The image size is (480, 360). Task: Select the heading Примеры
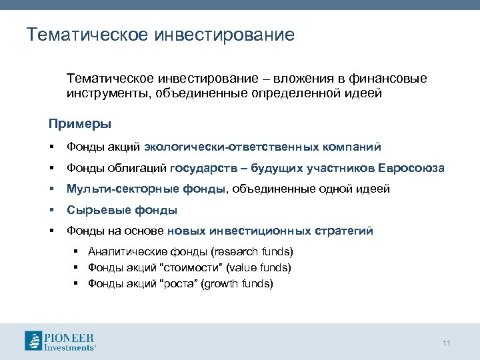79,124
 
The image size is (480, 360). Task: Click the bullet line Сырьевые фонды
121,211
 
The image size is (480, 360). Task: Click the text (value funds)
258,268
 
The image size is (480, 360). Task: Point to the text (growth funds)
239,284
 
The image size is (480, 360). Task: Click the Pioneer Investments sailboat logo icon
34,340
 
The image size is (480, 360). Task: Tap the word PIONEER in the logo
69,336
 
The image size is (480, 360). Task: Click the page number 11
447,343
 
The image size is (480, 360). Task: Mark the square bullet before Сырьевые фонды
51,211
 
